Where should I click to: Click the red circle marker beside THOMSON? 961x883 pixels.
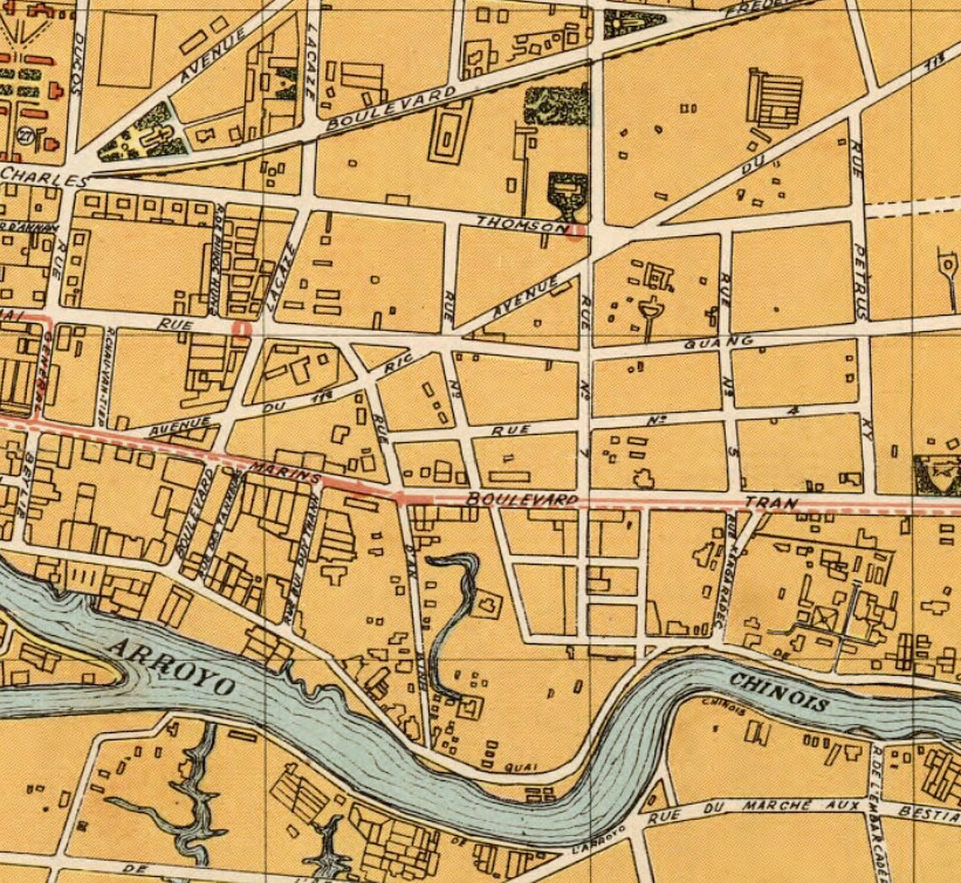pos(576,232)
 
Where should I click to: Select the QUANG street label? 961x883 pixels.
pos(718,341)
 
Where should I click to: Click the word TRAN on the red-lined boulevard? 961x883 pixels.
pos(770,503)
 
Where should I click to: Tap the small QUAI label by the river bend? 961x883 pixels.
pos(516,768)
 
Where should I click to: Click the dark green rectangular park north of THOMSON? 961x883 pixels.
pos(556,104)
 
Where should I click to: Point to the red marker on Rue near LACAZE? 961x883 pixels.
pos(243,329)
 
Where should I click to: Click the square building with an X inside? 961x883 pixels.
pos(820,620)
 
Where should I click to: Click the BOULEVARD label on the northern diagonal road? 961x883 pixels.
pos(391,107)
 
